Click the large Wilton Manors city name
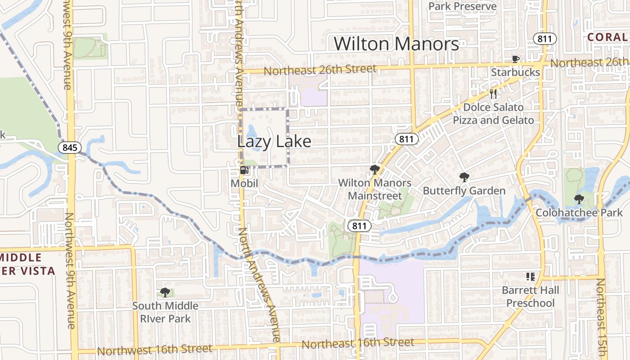click(396, 44)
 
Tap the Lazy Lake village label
click(274, 141)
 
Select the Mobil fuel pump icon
click(244, 170)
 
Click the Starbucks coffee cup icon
click(516, 59)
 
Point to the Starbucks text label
click(515, 72)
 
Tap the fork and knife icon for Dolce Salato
click(494, 94)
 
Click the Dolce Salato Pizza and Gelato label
click(493, 114)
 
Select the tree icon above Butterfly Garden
click(464, 177)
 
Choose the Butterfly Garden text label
click(464, 191)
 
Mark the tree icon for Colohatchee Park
click(579, 199)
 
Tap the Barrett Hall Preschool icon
click(530, 276)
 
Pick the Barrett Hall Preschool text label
click(531, 297)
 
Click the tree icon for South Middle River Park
click(165, 292)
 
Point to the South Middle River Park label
click(165, 312)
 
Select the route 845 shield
click(70, 147)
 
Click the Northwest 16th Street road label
click(154, 350)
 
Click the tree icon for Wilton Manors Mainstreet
click(374, 170)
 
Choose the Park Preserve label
click(462, 6)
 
